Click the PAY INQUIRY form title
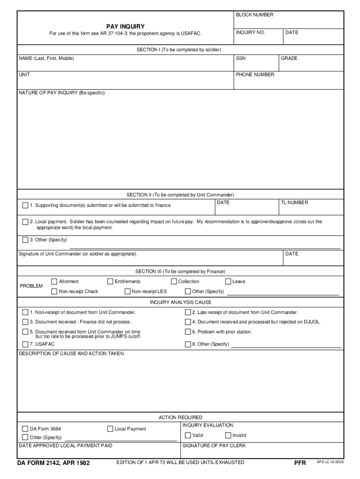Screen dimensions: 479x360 125,27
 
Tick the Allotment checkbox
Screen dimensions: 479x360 54,282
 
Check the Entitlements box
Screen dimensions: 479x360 110,282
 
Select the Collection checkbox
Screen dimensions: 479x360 174,282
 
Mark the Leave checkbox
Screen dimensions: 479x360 228,282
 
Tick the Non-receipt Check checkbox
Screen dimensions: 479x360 54,291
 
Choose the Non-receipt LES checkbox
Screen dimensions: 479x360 127,291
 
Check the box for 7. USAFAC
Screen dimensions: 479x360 25,344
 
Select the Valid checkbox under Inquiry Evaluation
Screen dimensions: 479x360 188,435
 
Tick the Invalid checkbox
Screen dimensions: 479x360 228,435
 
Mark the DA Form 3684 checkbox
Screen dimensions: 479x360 25,429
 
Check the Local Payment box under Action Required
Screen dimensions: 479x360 110,429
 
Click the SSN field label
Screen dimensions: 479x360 241,58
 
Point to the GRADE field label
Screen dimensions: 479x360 289,58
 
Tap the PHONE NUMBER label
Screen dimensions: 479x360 255,75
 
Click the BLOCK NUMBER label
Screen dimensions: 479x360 254,15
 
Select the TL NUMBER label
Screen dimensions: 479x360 295,203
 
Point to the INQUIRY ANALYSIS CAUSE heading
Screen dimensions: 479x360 180,302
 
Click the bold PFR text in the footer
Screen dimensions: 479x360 300,463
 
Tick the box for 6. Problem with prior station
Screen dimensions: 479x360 188,332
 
